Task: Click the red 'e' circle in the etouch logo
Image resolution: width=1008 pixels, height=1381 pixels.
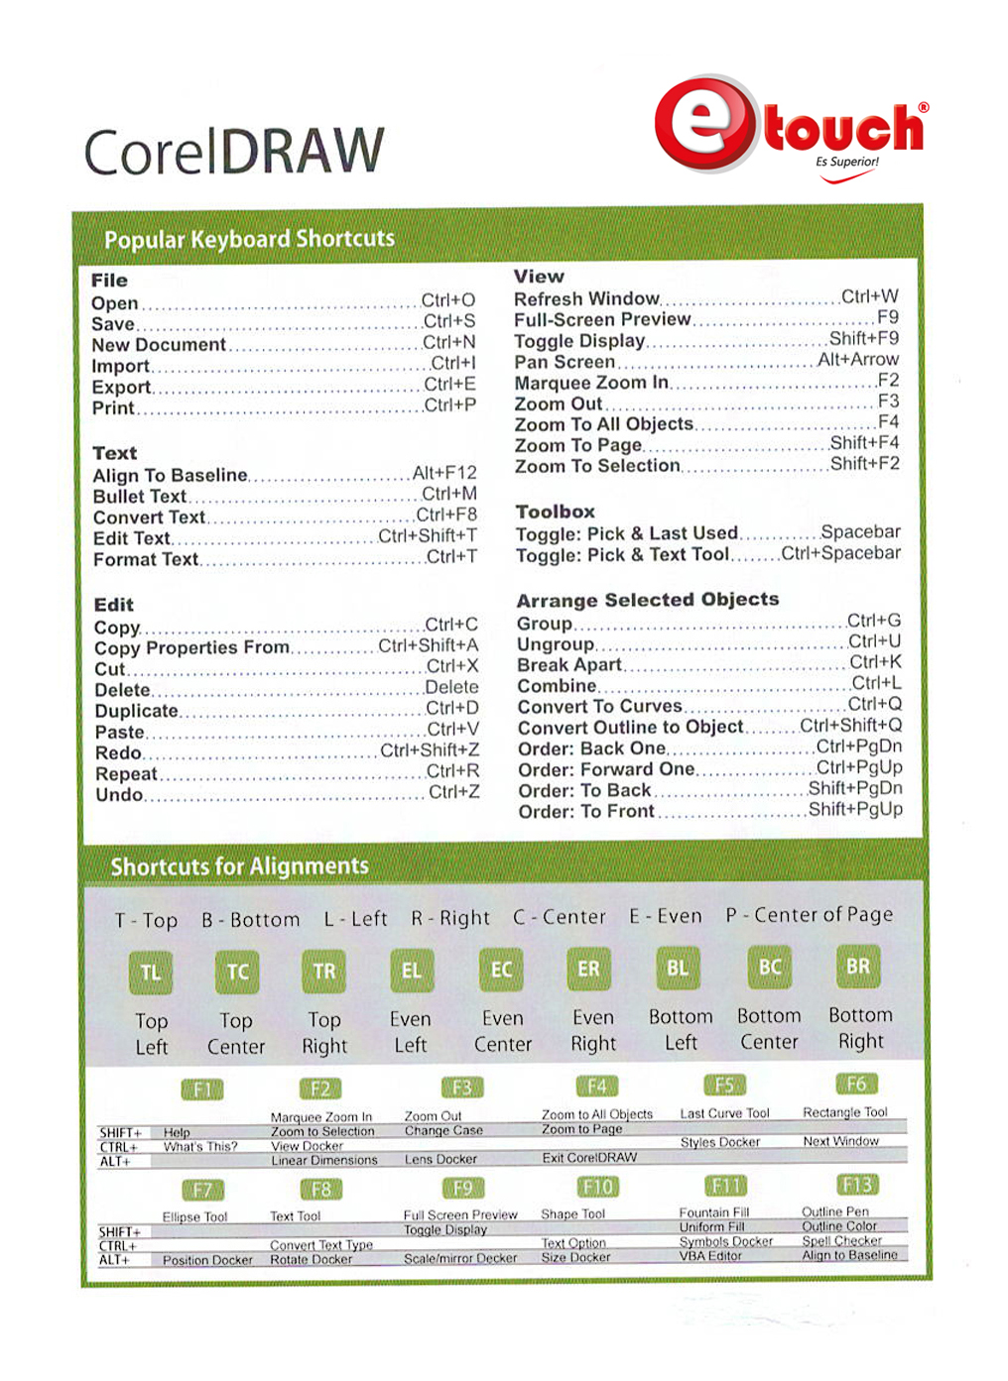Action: tap(704, 123)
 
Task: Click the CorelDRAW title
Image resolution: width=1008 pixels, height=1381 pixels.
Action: tap(234, 151)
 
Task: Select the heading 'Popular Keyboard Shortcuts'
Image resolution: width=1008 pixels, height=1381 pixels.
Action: tap(249, 239)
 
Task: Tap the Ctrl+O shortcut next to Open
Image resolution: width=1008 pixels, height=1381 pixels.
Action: tap(447, 299)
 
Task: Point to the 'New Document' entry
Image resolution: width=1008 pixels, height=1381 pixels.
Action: tap(159, 345)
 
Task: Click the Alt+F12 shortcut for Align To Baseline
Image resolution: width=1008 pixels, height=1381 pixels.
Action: tap(444, 473)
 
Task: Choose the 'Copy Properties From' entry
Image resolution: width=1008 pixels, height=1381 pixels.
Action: tap(192, 647)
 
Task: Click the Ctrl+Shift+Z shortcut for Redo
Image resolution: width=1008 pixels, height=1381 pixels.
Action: tap(430, 749)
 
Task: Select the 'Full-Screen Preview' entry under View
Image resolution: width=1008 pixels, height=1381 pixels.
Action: tap(602, 319)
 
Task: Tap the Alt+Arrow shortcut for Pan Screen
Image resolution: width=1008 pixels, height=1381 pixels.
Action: tap(858, 359)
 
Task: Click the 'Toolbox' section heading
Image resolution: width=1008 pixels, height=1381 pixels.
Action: tap(555, 512)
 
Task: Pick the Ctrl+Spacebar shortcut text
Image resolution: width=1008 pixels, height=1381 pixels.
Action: tap(840, 552)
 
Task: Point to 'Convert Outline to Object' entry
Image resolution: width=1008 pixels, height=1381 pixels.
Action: tap(630, 727)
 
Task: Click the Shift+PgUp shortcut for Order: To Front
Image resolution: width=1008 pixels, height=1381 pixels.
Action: tap(855, 809)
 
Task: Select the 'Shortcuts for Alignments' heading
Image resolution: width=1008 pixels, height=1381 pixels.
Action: tap(239, 866)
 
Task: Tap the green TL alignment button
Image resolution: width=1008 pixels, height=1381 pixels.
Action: tap(151, 973)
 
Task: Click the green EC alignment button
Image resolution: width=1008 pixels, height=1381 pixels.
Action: tap(502, 970)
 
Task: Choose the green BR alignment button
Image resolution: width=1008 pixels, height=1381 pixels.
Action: tap(858, 967)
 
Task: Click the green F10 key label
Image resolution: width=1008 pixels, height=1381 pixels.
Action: tap(597, 1187)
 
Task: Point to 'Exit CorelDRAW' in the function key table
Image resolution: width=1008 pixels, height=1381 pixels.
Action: tap(589, 1157)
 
